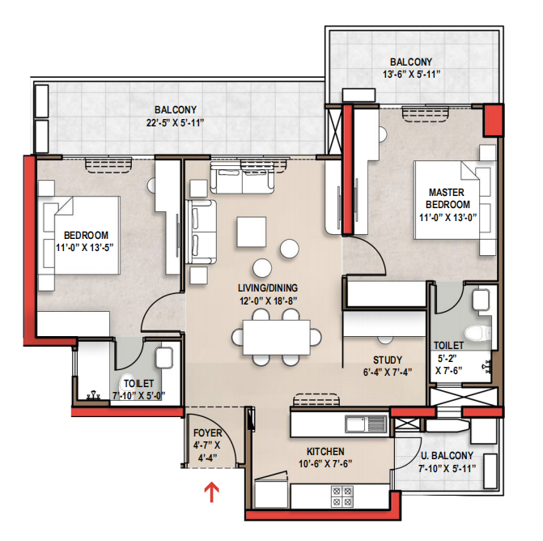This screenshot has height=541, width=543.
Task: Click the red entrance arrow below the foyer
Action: (211, 493)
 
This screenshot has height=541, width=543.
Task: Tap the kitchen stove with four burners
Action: (341, 496)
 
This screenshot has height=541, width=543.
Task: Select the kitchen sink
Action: (366, 424)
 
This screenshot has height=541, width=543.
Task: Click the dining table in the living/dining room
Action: (276, 337)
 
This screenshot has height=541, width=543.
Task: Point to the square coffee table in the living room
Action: (252, 232)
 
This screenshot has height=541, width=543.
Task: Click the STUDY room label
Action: (388, 360)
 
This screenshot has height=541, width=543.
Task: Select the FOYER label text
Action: (207, 432)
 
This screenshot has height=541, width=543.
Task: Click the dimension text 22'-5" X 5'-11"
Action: (176, 123)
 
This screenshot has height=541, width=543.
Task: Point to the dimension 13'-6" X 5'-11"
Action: (411, 75)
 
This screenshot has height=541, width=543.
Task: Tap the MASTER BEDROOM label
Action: (447, 198)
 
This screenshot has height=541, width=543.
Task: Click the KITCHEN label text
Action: (325, 452)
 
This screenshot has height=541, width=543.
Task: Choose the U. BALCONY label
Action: (447, 455)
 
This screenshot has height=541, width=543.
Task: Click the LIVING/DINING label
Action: (268, 288)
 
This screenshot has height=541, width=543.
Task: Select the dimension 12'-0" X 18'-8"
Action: (269, 300)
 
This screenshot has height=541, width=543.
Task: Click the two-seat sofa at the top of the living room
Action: (243, 177)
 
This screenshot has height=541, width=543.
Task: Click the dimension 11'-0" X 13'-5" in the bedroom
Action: (85, 248)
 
